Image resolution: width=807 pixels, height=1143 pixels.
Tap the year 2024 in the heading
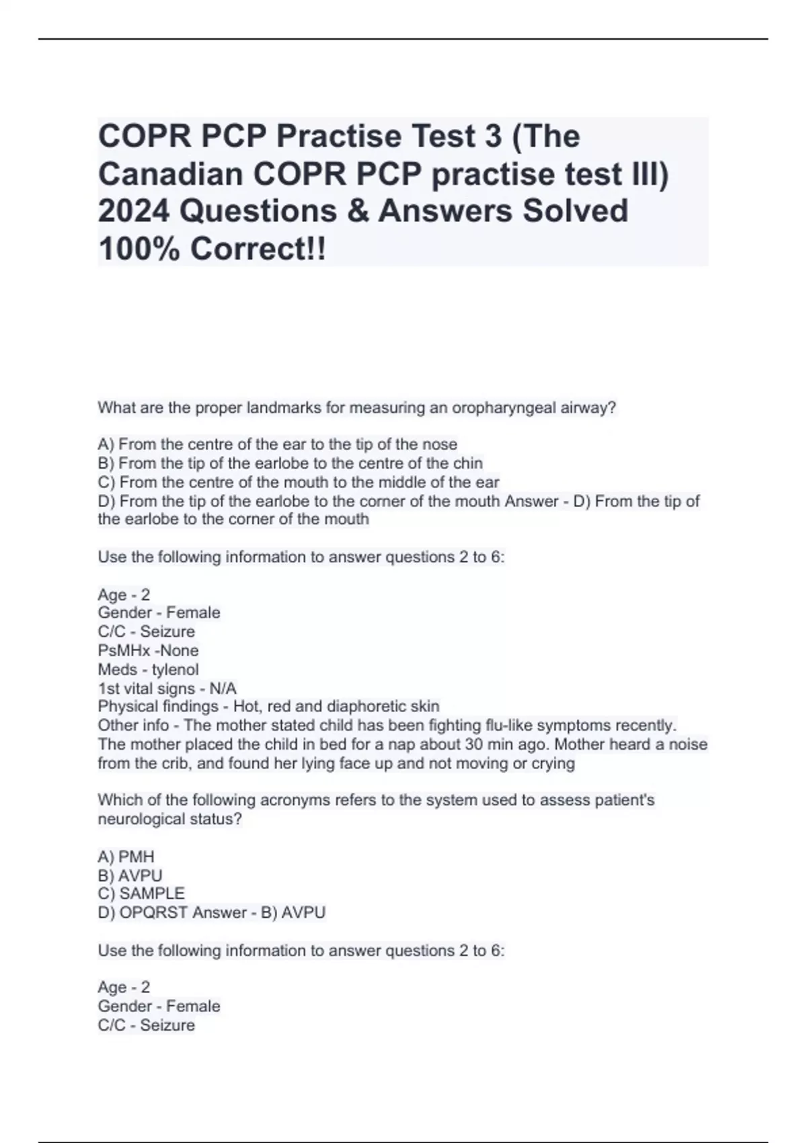point(133,211)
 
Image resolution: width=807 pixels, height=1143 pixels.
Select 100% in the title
point(139,249)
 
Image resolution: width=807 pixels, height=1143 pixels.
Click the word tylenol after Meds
point(175,670)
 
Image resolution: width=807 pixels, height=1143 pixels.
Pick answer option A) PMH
point(126,857)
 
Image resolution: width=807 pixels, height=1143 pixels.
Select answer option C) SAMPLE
point(141,894)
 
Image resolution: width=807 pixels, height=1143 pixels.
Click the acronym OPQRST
point(149,912)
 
